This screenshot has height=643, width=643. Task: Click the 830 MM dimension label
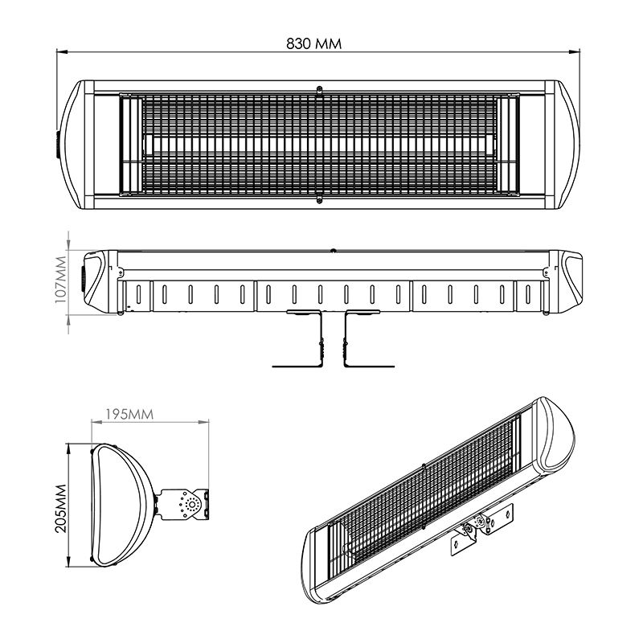point(313,43)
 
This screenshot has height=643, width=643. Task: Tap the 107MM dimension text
point(61,279)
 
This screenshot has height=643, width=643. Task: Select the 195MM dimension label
point(129,414)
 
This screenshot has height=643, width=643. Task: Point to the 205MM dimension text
point(61,509)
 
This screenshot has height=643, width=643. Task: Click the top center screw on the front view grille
point(319,89)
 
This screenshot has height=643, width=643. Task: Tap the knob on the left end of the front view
point(58,145)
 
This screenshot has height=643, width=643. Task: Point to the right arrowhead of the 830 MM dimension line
point(575,52)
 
